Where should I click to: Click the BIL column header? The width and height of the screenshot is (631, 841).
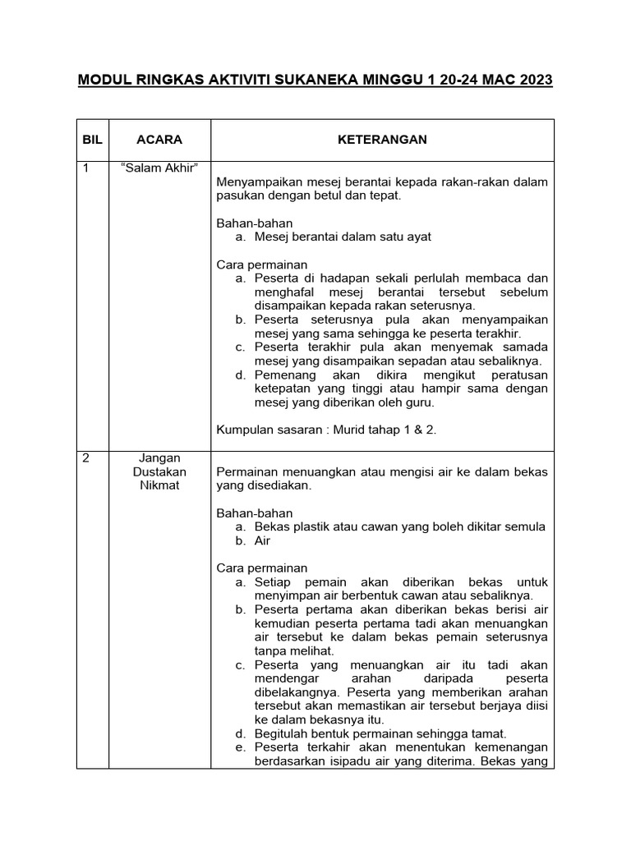coord(93,140)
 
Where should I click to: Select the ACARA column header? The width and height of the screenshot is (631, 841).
coord(159,140)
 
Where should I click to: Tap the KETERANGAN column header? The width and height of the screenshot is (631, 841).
coord(382,140)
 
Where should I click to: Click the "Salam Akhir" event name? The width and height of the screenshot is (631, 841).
coord(159,168)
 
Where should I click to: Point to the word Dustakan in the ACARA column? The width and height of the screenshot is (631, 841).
coord(159,472)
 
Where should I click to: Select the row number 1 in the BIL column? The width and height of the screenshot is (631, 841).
coord(85,168)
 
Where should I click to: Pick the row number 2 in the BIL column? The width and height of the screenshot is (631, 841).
coord(85,458)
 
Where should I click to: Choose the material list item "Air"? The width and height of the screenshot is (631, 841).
coord(262,541)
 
